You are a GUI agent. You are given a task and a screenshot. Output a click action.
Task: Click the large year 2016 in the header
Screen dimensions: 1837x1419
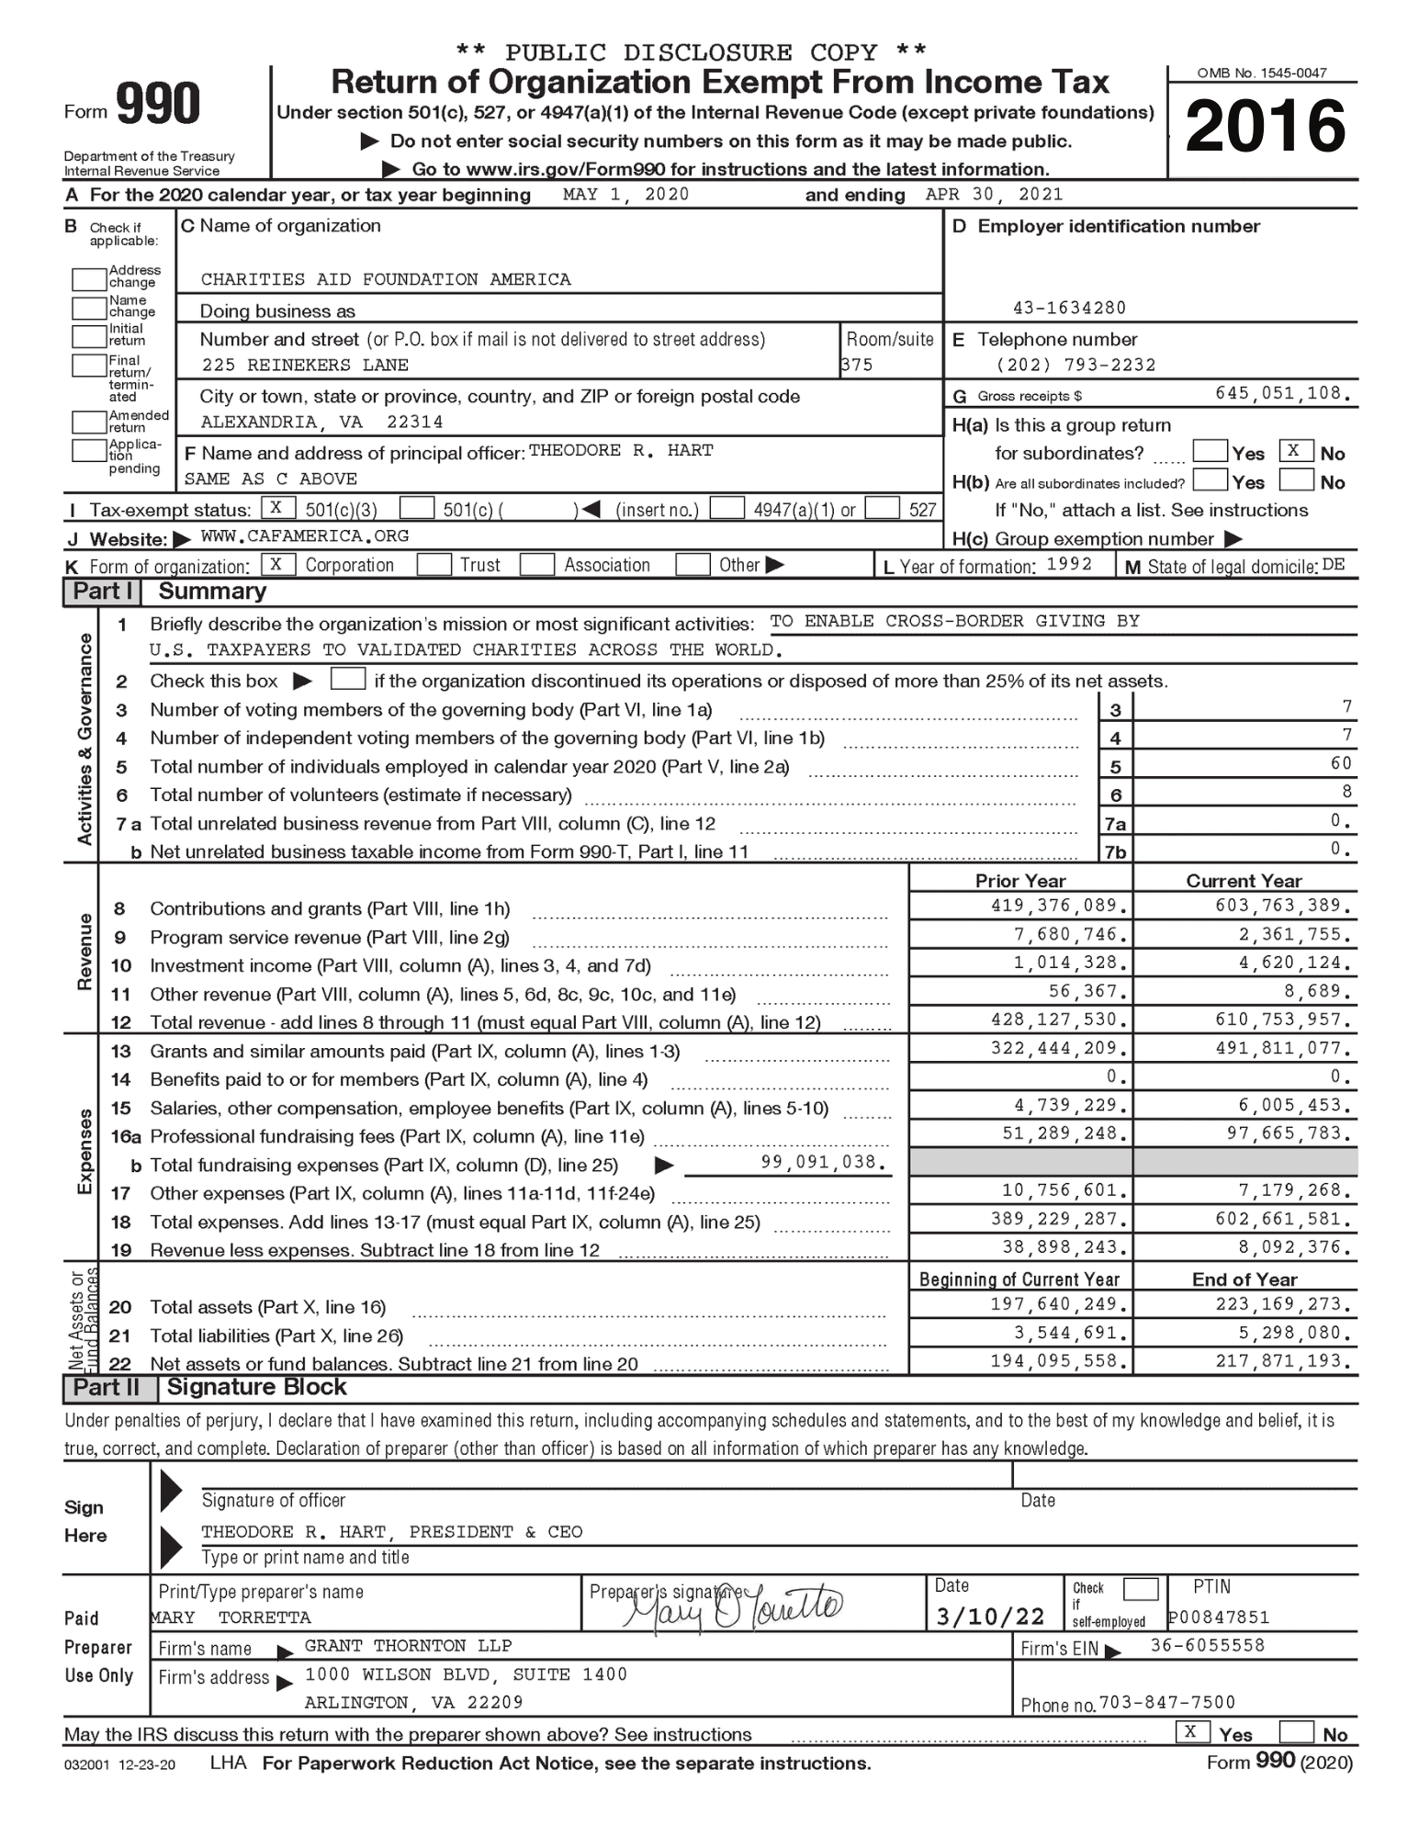pos(1265,126)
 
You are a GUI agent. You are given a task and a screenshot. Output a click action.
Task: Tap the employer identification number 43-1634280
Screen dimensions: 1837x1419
pos(1069,308)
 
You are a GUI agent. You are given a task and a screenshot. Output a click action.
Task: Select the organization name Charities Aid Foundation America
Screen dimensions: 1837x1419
pos(386,279)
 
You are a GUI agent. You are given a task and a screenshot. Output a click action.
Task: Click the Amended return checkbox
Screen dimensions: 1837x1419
pos(89,422)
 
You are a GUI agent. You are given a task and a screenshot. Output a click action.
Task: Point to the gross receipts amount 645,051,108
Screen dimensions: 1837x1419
pos(1282,393)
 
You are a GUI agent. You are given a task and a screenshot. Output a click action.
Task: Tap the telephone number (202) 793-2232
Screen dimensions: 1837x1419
pos(1076,365)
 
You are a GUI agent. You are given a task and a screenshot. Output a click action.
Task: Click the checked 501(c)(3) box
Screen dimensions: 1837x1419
pos(277,507)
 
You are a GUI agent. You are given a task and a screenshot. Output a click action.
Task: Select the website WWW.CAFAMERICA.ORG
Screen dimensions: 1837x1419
pos(305,535)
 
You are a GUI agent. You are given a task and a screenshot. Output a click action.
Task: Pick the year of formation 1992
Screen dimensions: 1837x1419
pos(1069,564)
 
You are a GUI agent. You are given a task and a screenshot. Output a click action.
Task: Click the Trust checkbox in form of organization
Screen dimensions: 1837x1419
pos(434,564)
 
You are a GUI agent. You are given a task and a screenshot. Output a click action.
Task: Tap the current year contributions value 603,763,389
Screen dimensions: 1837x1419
pos(1283,906)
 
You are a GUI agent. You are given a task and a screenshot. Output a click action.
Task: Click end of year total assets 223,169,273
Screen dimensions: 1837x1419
pos(1283,1304)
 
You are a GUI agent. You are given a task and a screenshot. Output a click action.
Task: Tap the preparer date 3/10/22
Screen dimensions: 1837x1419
pos(990,1617)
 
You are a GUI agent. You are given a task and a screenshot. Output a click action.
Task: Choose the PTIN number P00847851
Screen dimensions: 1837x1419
pos(1218,1617)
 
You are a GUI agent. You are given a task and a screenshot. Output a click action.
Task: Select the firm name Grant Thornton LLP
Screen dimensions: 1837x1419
pos(408,1645)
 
